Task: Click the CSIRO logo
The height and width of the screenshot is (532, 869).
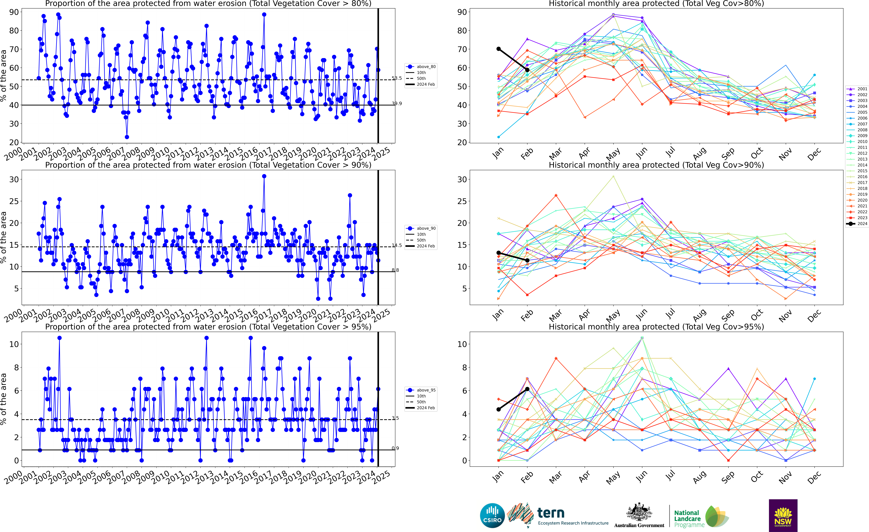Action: (492, 515)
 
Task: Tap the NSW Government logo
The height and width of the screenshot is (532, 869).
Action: (783, 515)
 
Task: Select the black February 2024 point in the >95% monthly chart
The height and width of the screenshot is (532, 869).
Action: (527, 389)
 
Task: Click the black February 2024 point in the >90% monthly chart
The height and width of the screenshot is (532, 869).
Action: (527, 260)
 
